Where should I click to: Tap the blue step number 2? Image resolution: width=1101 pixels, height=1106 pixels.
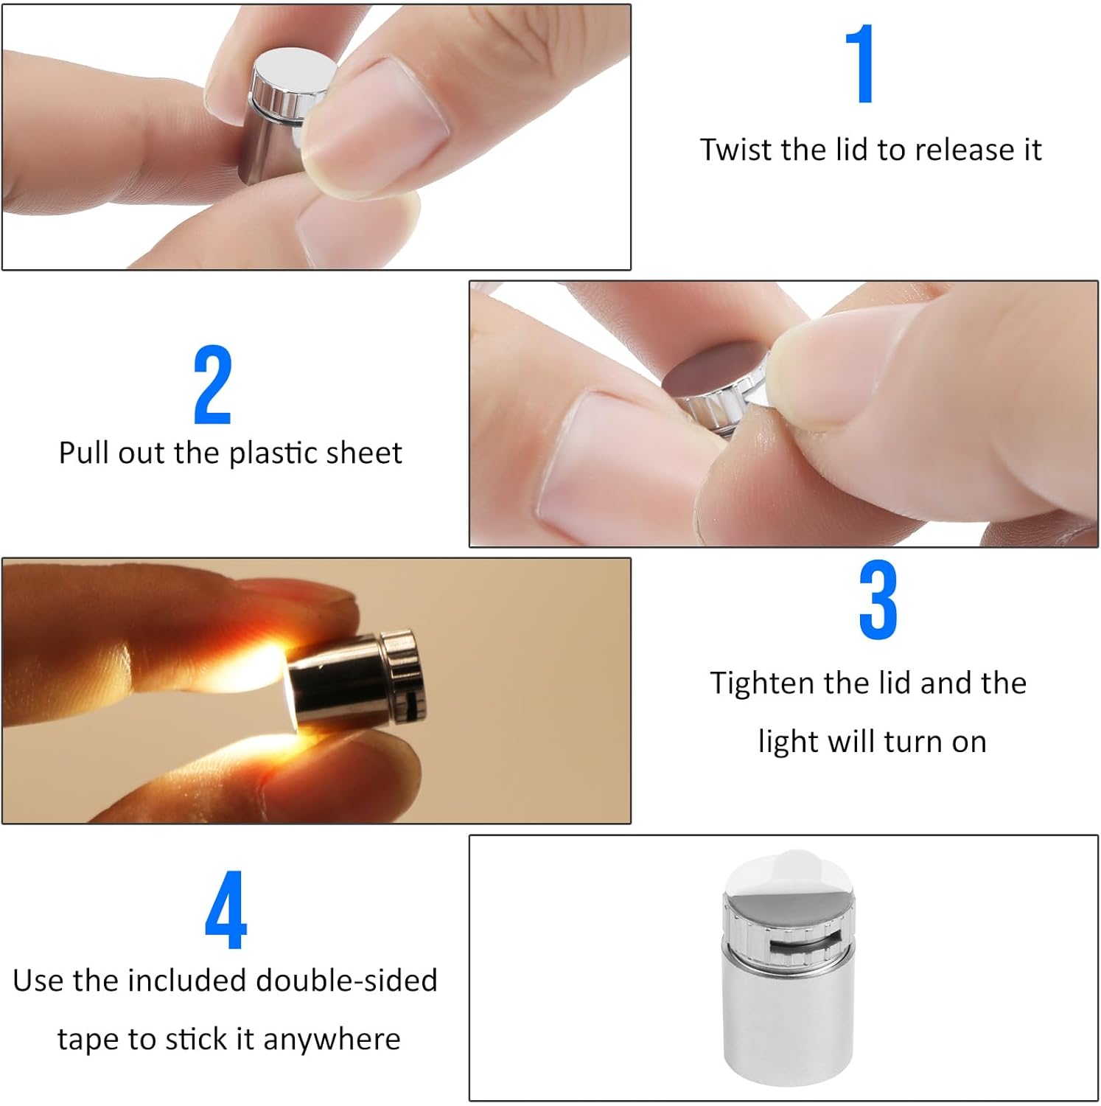(x=213, y=385)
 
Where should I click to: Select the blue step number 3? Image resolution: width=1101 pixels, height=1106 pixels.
(x=878, y=599)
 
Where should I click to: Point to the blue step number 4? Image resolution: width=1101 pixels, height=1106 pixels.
(x=226, y=910)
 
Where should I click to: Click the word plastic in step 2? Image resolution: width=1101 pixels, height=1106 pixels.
(x=273, y=453)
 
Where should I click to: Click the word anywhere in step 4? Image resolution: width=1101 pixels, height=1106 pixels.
(x=331, y=1040)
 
